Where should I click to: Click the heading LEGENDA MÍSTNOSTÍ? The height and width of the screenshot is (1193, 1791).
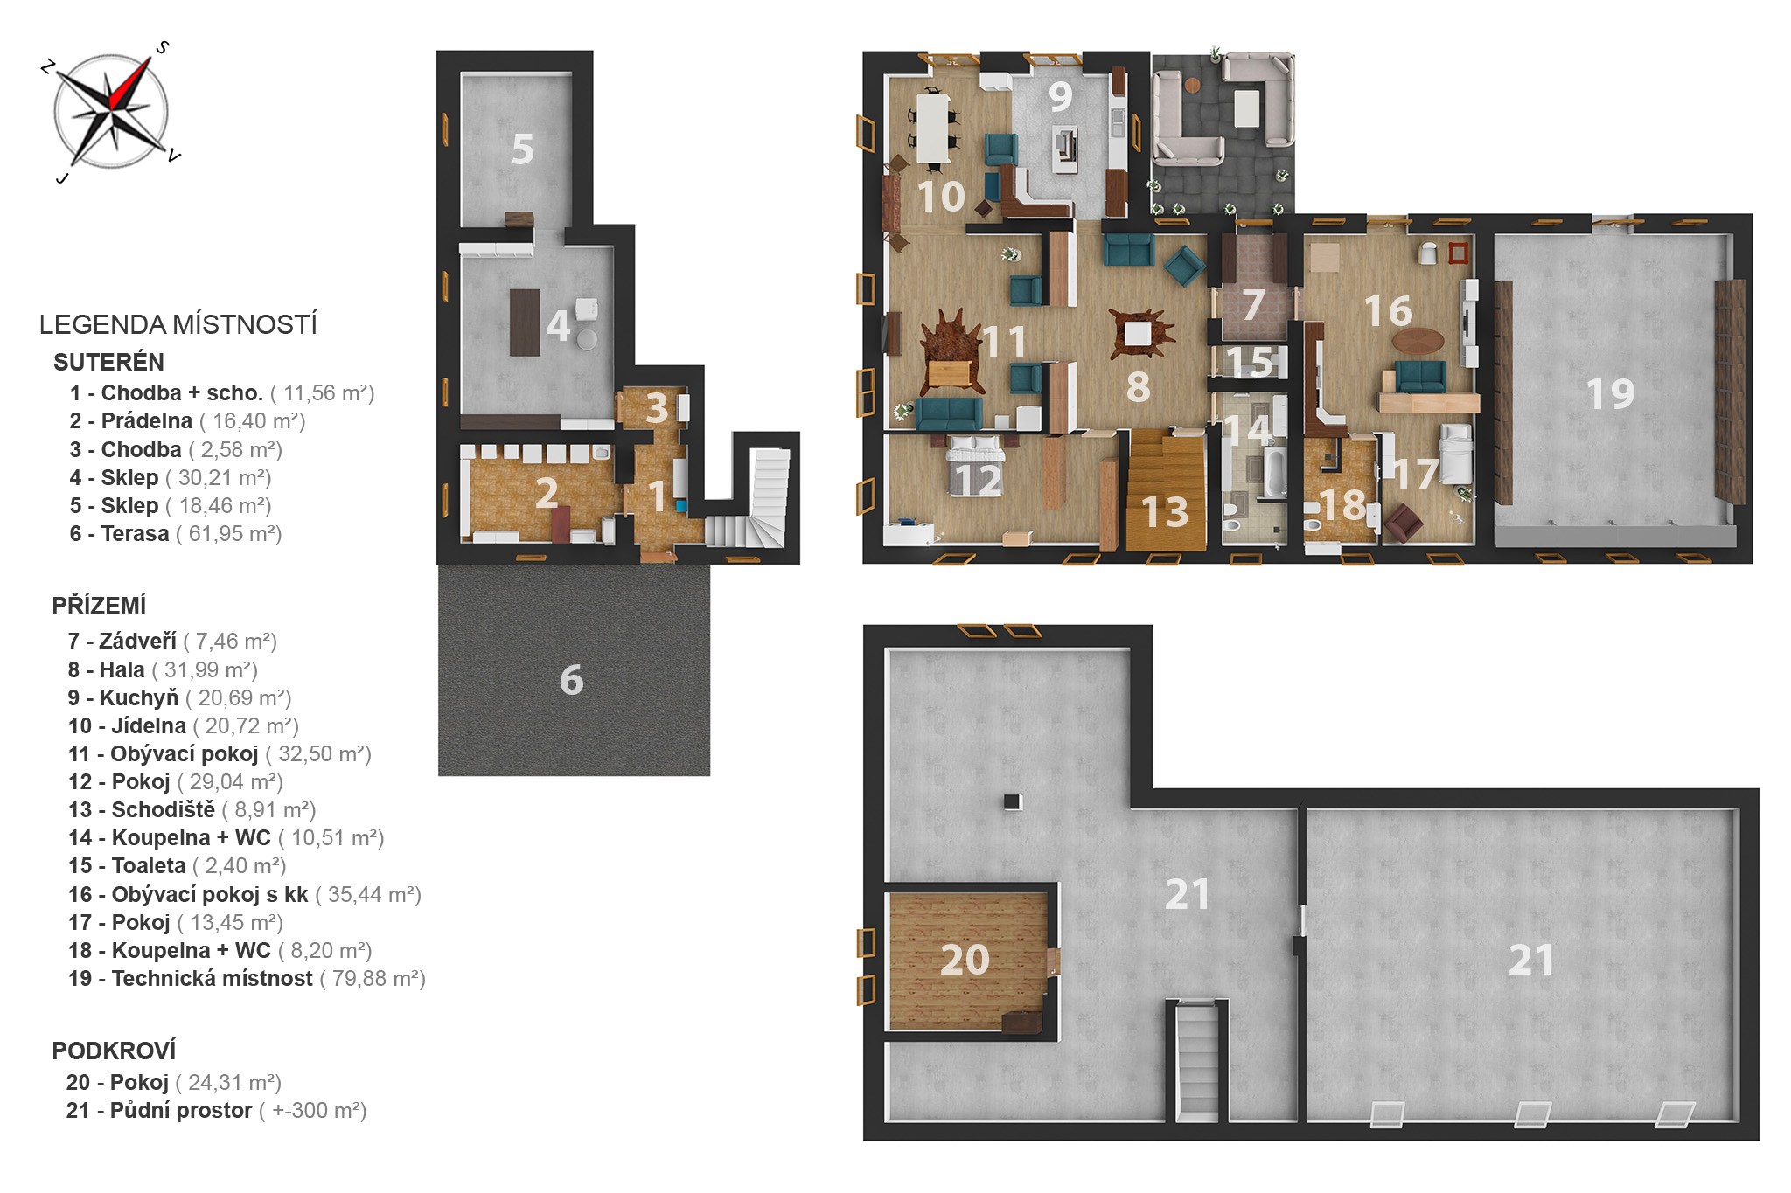178,324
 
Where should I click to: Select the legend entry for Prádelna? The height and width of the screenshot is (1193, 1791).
187,421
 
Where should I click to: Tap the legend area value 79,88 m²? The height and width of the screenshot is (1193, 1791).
372,979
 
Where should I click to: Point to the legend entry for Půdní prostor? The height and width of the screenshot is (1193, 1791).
216,1111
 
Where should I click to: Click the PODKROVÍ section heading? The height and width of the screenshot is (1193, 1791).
114,1051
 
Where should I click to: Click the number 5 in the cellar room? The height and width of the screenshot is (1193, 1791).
523,149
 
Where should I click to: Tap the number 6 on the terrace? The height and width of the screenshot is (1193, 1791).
571,680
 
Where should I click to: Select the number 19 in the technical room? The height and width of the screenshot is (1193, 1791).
1610,393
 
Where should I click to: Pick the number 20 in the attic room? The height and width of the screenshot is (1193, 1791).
965,960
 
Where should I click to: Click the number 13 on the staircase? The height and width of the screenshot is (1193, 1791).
1165,512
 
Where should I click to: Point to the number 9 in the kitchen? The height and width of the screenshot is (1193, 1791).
1061,96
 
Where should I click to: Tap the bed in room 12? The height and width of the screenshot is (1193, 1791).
975,465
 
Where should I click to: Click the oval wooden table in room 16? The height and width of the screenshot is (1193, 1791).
1418,341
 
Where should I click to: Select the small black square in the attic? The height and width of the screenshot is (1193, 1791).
1012,801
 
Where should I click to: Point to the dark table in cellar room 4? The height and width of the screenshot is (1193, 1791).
525,322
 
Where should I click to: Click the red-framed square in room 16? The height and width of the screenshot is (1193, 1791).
1458,253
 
